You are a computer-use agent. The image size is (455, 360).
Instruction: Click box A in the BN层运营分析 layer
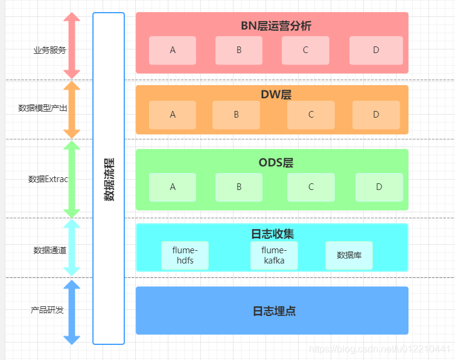[x=173, y=51]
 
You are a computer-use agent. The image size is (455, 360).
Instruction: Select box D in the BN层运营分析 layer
[x=376, y=51]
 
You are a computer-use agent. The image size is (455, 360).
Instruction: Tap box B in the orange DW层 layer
[x=236, y=115]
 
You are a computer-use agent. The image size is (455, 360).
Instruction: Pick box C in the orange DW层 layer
[x=311, y=115]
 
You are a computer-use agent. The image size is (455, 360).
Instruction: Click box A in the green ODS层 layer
[x=173, y=187]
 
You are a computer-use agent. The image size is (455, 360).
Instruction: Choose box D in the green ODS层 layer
[x=379, y=187]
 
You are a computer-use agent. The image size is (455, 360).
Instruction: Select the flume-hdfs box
[x=185, y=256]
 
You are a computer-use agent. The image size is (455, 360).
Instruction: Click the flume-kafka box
[x=274, y=256]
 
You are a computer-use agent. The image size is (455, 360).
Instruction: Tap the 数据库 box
[x=349, y=256]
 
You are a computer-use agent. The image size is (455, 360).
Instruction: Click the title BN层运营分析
[x=276, y=26]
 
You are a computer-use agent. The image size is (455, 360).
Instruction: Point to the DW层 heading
[x=276, y=95]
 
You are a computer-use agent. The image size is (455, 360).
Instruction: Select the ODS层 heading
[x=276, y=163]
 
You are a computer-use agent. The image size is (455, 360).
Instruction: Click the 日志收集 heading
[x=272, y=233]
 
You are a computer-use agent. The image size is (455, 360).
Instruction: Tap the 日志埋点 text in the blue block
[x=273, y=312]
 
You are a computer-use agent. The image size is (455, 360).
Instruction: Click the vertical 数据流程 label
[x=109, y=179]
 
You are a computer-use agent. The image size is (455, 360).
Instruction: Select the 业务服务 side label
[x=49, y=50]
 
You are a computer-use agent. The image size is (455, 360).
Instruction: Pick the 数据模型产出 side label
[x=43, y=109]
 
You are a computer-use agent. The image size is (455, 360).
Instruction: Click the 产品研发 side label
[x=47, y=311]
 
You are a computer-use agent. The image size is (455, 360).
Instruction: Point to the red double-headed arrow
[x=72, y=45]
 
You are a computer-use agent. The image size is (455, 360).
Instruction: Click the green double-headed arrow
[x=72, y=179]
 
